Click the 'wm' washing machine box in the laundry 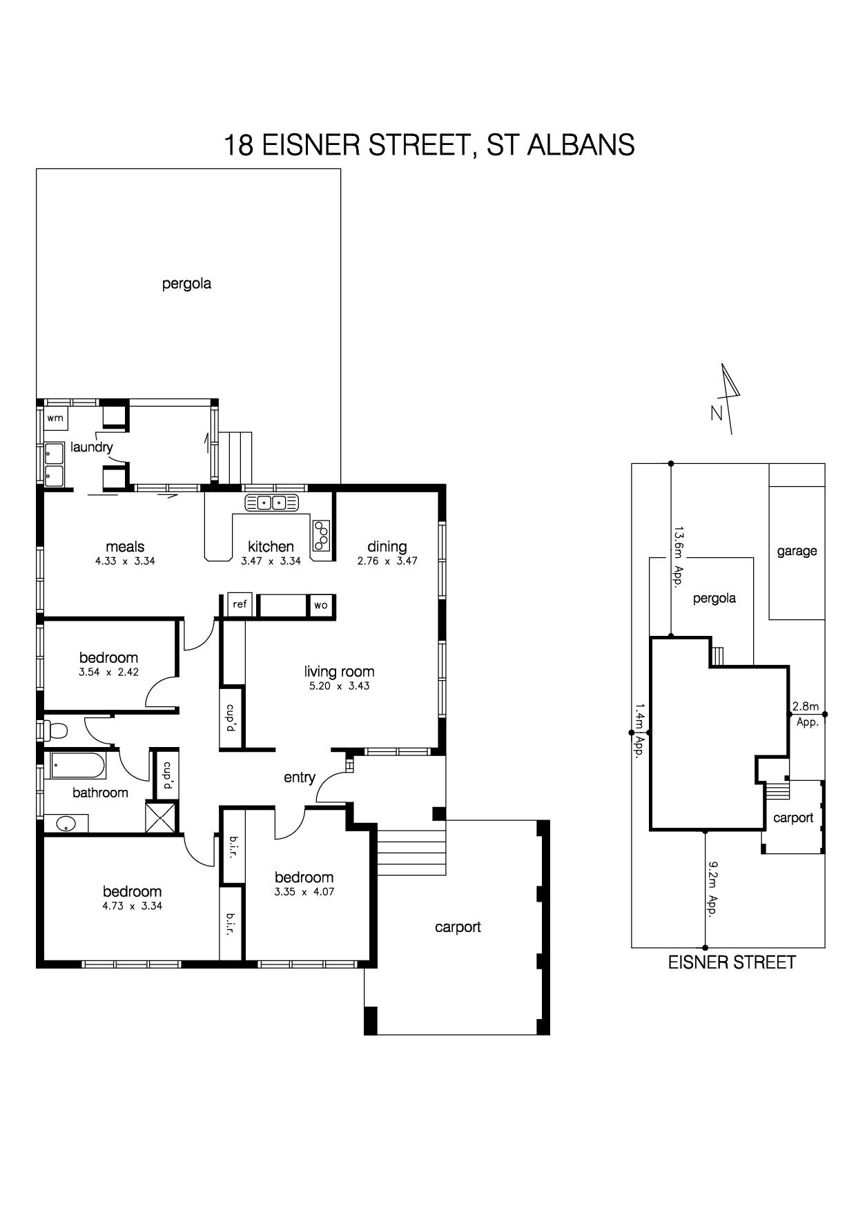point(55,418)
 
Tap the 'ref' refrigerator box point(240,604)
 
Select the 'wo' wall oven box point(320,605)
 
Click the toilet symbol point(55,730)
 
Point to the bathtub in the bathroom point(75,766)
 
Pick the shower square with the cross point(161,817)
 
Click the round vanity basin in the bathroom point(66,824)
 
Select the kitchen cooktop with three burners point(322,535)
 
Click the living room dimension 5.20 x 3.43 point(339,686)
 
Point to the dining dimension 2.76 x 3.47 point(387,561)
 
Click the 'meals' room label point(125,547)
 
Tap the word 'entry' point(300,778)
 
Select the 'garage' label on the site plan point(797,552)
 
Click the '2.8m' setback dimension point(806,706)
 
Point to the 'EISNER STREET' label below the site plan point(732,962)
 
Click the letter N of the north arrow point(717,414)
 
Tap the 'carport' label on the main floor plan point(458,927)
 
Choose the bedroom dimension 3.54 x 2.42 point(109,672)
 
